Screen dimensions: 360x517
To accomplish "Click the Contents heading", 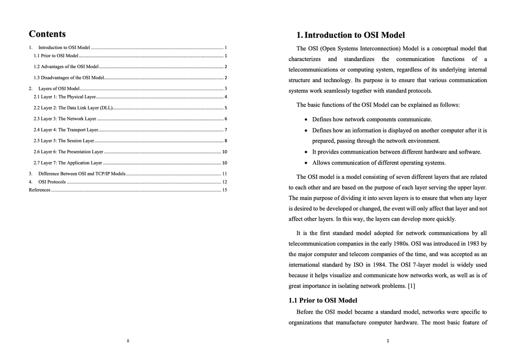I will (x=47, y=34).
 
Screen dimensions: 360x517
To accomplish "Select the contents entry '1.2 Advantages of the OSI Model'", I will (x=66, y=67).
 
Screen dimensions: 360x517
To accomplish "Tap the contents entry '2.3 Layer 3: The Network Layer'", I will (x=65, y=118).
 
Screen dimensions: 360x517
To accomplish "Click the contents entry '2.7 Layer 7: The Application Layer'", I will (x=68, y=163).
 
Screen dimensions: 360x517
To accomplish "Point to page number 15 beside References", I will (x=224, y=190).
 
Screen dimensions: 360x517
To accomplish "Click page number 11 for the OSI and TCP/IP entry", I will (x=224, y=174).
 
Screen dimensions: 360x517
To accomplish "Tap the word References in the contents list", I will (x=39, y=190).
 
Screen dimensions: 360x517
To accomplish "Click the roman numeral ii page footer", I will (x=128, y=341).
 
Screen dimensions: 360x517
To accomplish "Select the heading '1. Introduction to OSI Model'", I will (x=351, y=35).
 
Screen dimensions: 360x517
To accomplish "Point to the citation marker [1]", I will (x=411, y=286).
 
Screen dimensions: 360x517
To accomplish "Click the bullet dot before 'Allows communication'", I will (x=305, y=163).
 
